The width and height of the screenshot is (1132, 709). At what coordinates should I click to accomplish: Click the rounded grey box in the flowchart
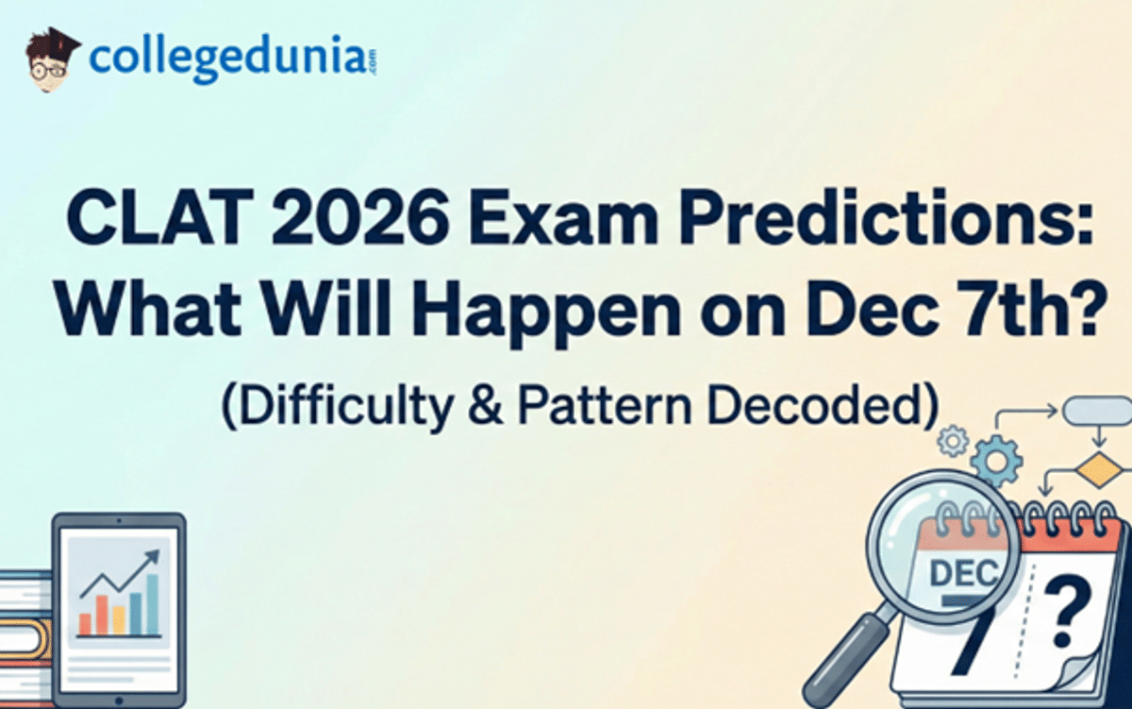1095,411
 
